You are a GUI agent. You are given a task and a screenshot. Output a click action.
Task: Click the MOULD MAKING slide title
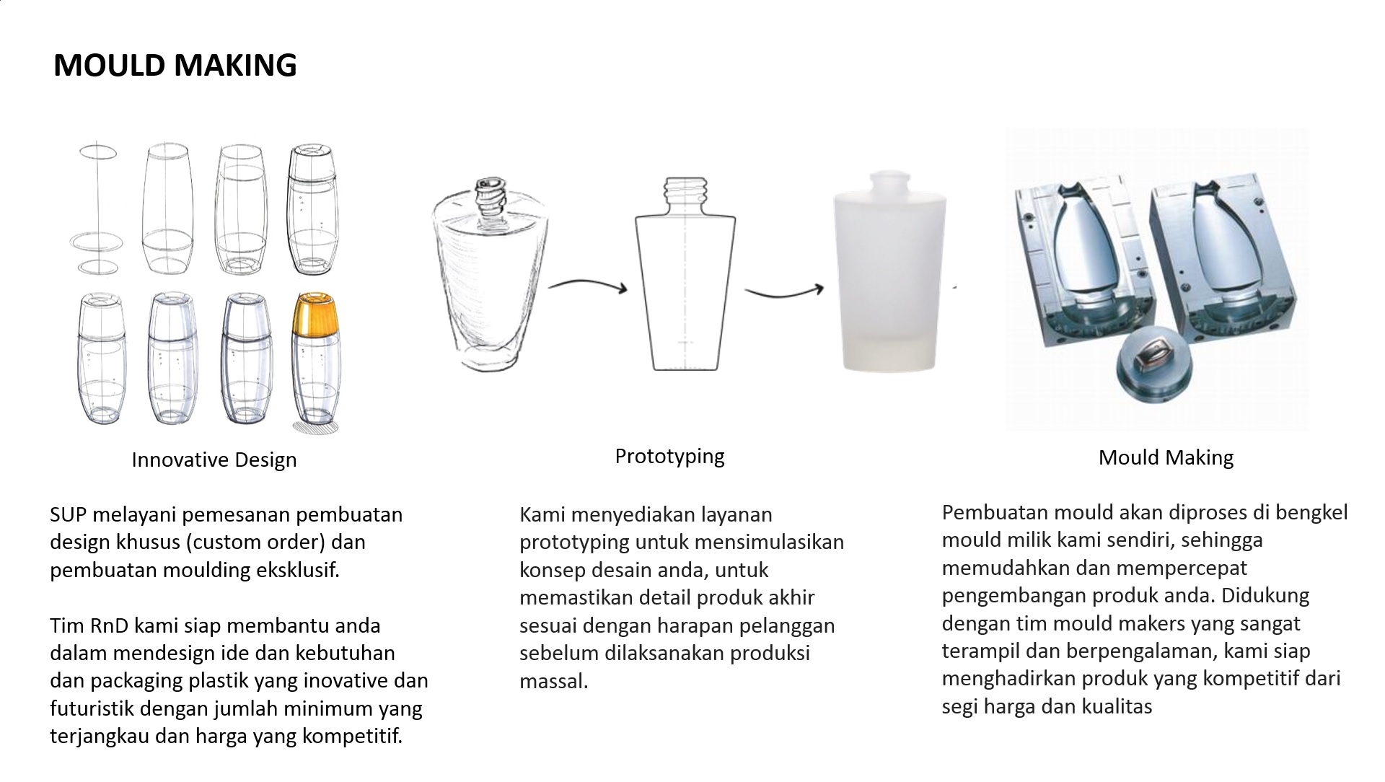pos(175,65)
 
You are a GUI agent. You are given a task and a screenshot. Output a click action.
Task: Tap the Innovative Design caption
pos(214,460)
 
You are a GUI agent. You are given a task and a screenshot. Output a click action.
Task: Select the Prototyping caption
pos(669,457)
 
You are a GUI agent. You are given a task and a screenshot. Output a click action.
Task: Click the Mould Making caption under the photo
pos(1166,457)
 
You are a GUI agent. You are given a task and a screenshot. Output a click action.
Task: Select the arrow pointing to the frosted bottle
pos(784,291)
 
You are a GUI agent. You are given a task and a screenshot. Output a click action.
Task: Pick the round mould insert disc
pos(1153,370)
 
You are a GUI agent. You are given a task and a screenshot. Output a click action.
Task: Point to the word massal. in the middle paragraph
pos(554,681)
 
